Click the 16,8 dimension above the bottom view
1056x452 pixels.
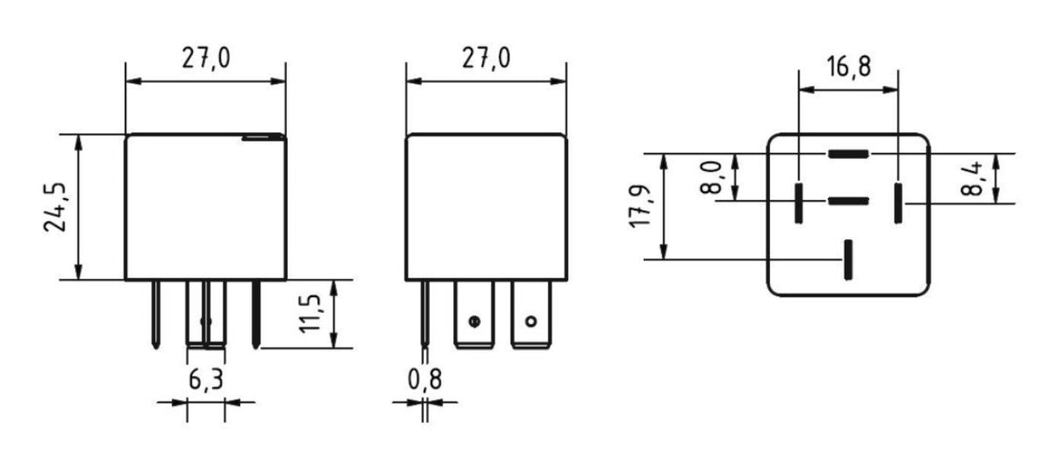click(848, 66)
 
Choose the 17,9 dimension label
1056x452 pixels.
click(642, 207)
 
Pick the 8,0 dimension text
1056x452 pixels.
click(715, 176)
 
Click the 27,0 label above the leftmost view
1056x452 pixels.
click(205, 59)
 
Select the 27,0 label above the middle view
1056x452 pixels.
click(486, 59)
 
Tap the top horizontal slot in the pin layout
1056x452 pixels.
click(848, 154)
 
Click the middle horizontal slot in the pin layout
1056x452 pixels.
click(848, 202)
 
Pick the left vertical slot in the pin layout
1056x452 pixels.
click(798, 202)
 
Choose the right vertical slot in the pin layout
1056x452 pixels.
click(899, 202)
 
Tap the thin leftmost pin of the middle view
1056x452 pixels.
click(424, 313)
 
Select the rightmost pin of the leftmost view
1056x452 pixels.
click(256, 313)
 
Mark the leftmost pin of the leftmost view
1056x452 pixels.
click(155, 313)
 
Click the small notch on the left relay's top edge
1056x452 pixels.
click(264, 136)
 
